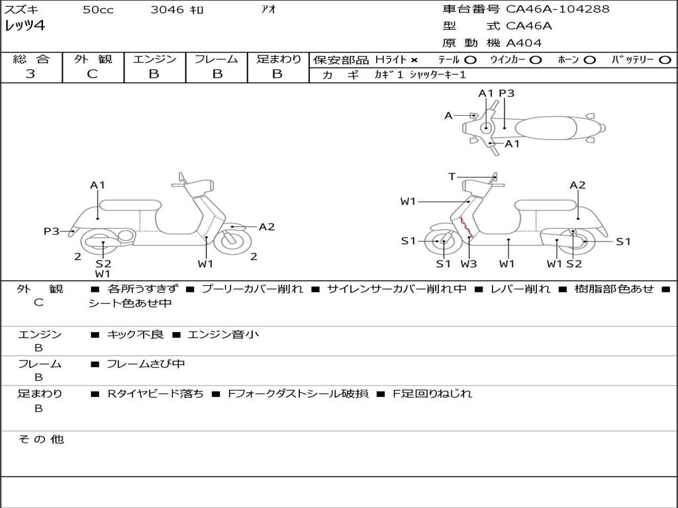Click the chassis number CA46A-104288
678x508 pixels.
click(x=557, y=9)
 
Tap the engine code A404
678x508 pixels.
click(x=524, y=43)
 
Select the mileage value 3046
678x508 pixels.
click(x=167, y=9)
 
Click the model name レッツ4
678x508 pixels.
click(x=24, y=26)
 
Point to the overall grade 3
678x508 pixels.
click(x=30, y=74)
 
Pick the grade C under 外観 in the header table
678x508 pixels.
click(x=92, y=74)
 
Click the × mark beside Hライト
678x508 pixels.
click(x=414, y=60)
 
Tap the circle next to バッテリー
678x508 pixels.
click(x=665, y=60)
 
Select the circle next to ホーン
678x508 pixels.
click(x=589, y=60)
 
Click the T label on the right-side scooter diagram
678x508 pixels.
click(x=452, y=176)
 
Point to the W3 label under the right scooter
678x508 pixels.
click(x=468, y=263)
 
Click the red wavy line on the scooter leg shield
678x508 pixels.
click(x=466, y=228)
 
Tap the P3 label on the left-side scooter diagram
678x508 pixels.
click(x=52, y=231)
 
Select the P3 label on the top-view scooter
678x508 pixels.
click(x=507, y=93)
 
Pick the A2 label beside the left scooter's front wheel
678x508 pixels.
click(x=267, y=227)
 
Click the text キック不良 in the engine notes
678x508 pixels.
click(x=135, y=334)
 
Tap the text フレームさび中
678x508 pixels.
click(x=146, y=364)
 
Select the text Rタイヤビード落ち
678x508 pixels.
click(x=156, y=394)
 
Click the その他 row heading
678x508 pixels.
click(x=41, y=439)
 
